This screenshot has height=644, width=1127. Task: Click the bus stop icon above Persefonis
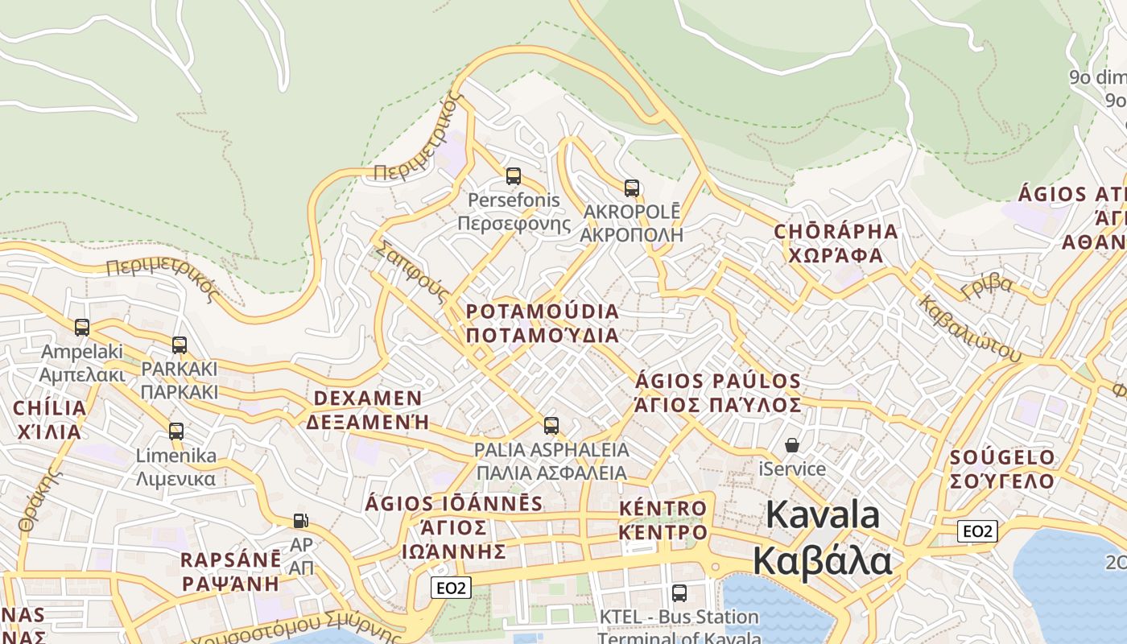pos(513,175)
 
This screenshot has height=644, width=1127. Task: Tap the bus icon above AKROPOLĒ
pos(632,188)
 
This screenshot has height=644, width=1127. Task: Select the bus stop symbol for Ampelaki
pos(82,328)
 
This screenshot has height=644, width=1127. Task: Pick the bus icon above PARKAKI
pos(180,345)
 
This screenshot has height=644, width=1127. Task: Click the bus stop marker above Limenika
pos(176,431)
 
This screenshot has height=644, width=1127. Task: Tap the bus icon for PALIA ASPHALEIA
pos(551,426)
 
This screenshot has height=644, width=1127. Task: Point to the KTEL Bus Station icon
pos(679,593)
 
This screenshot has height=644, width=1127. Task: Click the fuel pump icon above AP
pos(301,521)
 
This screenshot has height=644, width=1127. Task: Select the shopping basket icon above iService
pos(792,445)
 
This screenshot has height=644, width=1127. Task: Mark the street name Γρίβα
pos(987,284)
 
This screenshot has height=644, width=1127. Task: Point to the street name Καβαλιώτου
pos(969,329)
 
